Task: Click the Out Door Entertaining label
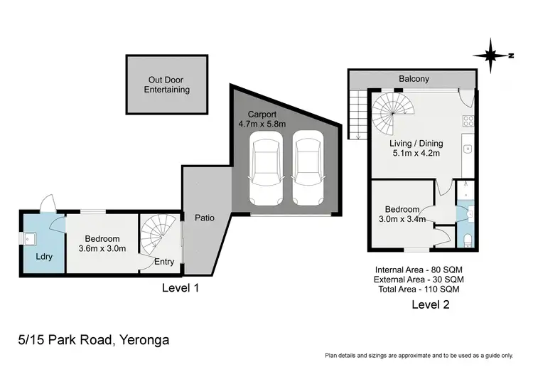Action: (167, 85)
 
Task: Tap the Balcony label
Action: (414, 79)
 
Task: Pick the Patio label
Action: (205, 218)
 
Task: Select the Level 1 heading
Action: (180, 288)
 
